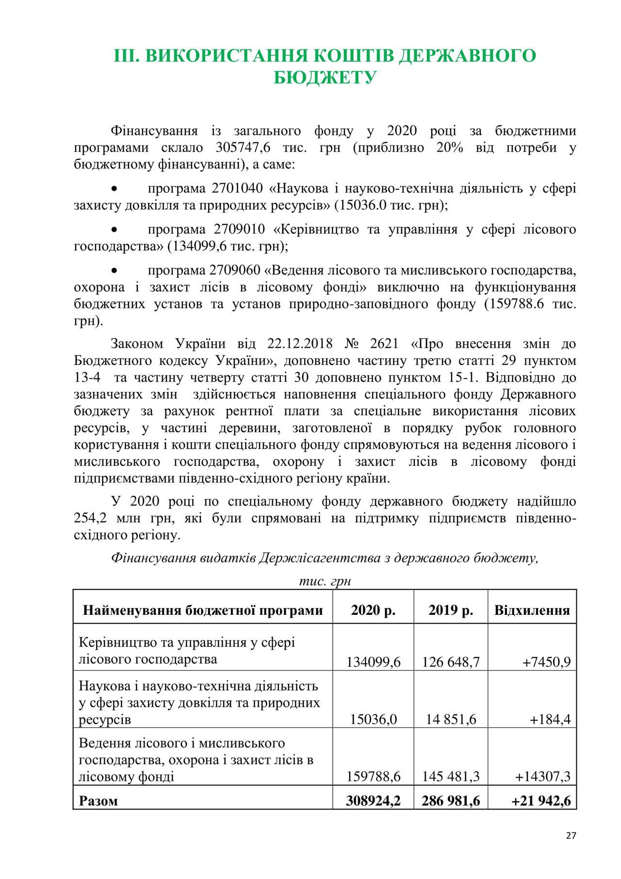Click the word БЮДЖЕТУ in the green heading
325,77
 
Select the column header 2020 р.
373,610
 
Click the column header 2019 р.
451,610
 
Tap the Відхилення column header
532,610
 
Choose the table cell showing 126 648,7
451,661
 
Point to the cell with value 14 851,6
451,719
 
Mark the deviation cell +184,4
550,719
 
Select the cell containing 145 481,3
451,777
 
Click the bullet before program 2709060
114,270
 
